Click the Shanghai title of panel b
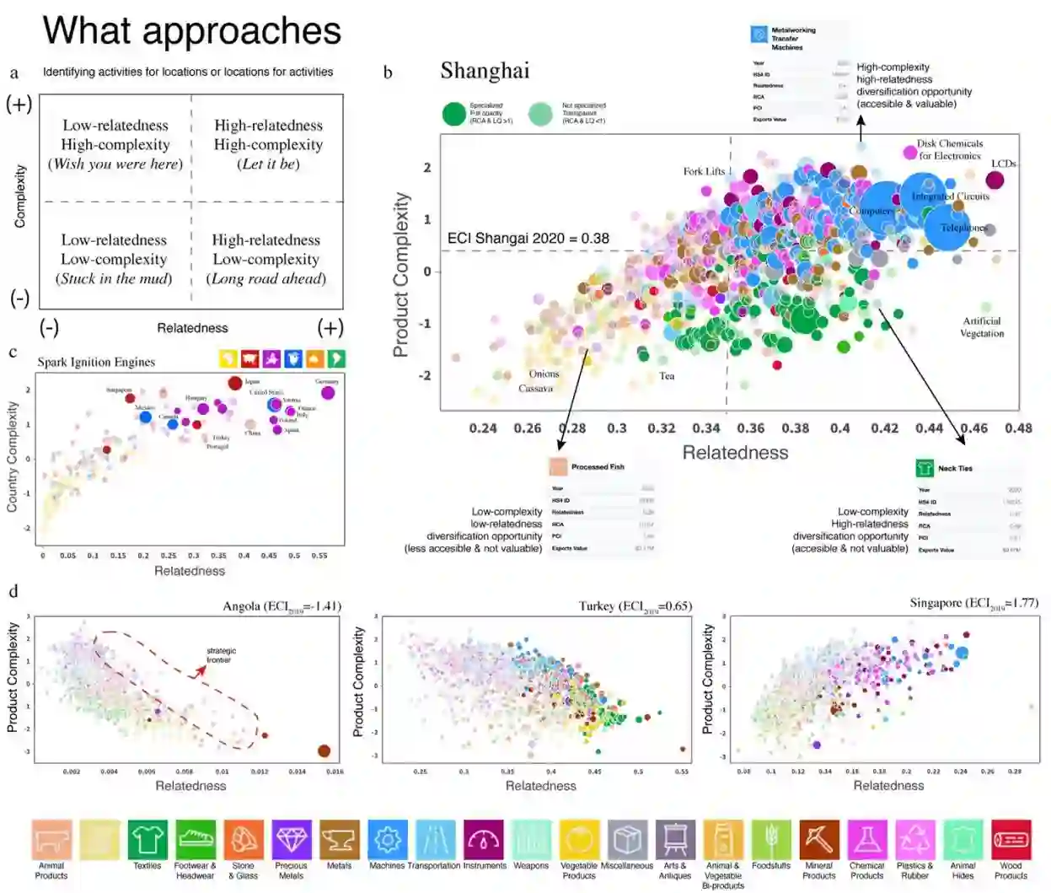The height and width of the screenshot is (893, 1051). [485, 71]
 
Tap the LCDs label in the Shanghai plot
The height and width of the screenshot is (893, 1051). [1003, 164]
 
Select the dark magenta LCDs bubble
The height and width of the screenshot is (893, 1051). [995, 180]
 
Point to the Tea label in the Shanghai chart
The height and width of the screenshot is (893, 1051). [667, 376]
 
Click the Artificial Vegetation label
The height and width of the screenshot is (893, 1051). [982, 327]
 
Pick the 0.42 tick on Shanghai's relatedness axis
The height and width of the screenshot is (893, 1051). [884, 428]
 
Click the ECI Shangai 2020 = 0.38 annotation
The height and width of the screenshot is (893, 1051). [528, 239]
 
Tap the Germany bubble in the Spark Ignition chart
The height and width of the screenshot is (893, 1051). [328, 392]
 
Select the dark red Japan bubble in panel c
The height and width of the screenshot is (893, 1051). [235, 383]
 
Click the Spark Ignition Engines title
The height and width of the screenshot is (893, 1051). [96, 362]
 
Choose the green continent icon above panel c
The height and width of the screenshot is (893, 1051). [335, 358]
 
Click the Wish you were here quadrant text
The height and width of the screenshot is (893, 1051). [115, 164]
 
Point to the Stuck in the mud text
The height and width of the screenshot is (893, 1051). [114, 279]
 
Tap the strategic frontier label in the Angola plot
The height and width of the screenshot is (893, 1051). [222, 655]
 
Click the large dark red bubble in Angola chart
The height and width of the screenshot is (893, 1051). [324, 750]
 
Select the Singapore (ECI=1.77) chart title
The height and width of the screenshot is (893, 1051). [973, 603]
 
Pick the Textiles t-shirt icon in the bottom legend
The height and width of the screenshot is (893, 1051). [147, 840]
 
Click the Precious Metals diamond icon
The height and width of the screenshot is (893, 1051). [292, 840]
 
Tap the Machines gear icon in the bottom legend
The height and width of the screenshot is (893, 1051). [388, 840]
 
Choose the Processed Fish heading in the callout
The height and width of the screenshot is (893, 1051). [598, 466]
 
